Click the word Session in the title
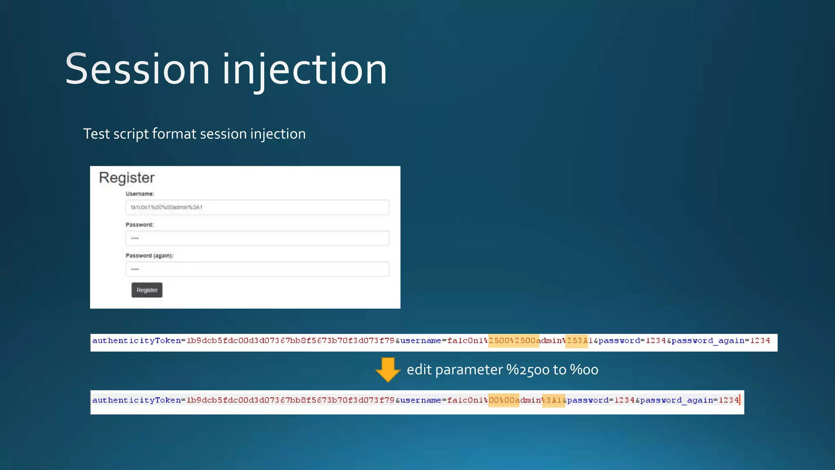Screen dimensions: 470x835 tap(137, 69)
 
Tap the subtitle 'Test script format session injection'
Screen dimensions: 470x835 tap(194, 134)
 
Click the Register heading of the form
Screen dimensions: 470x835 tap(127, 178)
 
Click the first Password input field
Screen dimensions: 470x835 tap(257, 238)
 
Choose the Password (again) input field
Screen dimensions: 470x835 tap(257, 269)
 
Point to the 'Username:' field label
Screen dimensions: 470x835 tap(140, 194)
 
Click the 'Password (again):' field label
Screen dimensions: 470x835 tap(149, 256)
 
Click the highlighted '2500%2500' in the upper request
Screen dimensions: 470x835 tap(513, 341)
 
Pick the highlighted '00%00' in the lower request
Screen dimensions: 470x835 tap(504, 400)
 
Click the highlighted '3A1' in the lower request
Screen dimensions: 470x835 tap(553, 400)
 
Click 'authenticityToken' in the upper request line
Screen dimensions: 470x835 tap(137, 341)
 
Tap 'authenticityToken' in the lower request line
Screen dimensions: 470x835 tap(137, 400)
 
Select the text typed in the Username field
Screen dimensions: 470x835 tap(166, 207)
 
